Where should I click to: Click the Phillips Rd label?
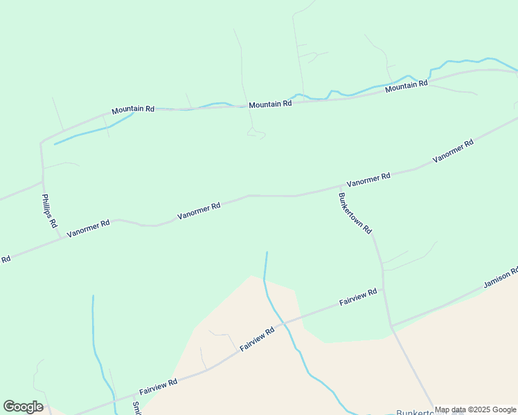(x=48, y=211)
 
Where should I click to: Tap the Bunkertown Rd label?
(x=355, y=212)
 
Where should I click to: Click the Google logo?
(x=23, y=407)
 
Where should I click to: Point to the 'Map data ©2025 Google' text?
(x=476, y=409)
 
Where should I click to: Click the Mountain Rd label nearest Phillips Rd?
(x=133, y=109)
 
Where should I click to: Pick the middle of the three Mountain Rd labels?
(x=270, y=104)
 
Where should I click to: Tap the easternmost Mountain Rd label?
(x=406, y=86)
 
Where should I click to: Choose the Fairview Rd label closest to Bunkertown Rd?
(x=358, y=298)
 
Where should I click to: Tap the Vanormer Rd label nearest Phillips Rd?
(x=89, y=229)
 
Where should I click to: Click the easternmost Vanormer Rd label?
(x=453, y=151)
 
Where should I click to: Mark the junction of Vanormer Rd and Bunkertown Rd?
(x=341, y=185)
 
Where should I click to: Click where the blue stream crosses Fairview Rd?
(x=284, y=321)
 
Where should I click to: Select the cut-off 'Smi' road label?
(x=136, y=408)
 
